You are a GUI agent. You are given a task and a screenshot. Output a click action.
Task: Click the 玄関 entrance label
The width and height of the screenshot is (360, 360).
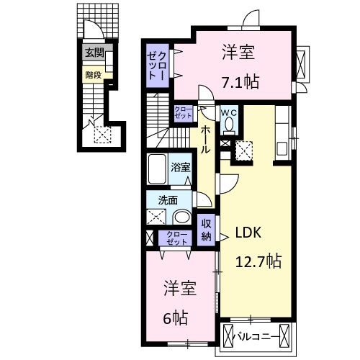94,53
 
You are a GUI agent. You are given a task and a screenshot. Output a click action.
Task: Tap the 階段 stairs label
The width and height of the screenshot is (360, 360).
93,73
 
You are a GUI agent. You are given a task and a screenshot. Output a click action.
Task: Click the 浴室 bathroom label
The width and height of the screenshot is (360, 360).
180,166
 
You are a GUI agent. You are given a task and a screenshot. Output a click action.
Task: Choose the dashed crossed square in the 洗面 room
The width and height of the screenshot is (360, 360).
156,218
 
